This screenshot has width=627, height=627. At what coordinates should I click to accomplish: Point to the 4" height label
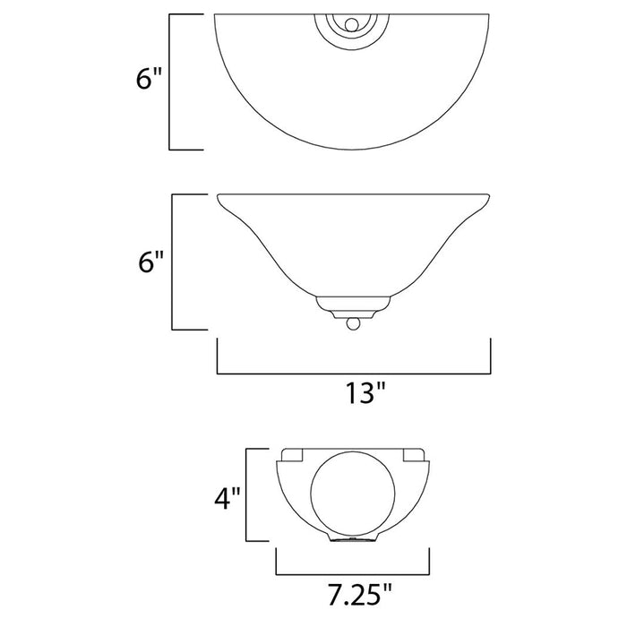[x=223, y=497]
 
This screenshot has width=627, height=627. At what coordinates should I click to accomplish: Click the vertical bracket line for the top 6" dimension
[x=170, y=82]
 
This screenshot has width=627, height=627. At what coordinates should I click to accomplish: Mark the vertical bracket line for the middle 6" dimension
[x=170, y=263]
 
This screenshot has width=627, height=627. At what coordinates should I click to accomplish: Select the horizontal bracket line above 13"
[x=354, y=370]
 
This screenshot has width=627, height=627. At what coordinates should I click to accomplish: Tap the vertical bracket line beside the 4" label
[x=248, y=494]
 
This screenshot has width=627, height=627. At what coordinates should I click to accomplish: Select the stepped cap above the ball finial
[x=353, y=305]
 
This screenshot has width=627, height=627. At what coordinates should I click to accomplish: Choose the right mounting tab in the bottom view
[x=414, y=455]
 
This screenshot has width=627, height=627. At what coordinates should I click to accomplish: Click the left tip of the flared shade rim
[x=219, y=196]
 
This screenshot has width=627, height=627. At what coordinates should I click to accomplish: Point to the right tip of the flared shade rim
[x=489, y=196]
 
